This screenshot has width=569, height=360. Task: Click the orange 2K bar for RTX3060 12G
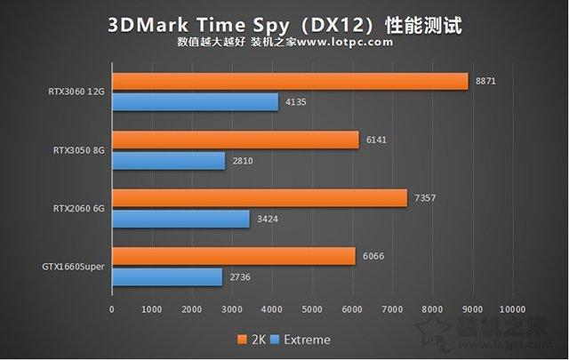[290, 81]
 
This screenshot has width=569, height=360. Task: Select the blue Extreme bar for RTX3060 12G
[196, 102]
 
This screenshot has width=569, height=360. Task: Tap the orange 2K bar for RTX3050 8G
[236, 140]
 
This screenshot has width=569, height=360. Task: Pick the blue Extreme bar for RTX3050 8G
[169, 161]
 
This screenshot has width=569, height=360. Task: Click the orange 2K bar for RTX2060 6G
[260, 197]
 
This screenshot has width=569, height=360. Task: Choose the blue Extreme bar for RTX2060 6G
[181, 219]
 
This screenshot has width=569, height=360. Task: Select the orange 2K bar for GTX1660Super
[234, 256]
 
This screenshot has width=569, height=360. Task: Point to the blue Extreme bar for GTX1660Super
[167, 277]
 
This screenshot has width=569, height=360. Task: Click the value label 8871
[486, 81]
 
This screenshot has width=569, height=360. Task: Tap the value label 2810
[244, 161]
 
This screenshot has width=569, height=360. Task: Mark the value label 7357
[426, 197]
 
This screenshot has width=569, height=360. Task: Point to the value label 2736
[241, 277]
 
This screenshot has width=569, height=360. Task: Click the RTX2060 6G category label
[77, 208]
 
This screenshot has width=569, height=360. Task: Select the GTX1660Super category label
[72, 267]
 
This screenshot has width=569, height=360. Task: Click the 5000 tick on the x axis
[312, 309]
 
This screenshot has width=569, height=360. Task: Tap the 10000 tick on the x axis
[512, 309]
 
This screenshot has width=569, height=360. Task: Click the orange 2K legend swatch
[241, 340]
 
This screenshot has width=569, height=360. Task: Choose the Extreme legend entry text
[307, 340]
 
